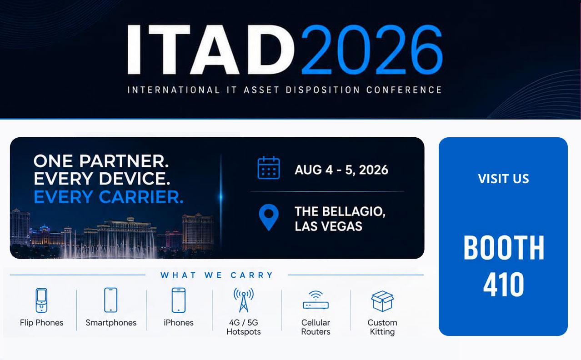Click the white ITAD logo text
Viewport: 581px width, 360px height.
pyautogui.click(x=211, y=49)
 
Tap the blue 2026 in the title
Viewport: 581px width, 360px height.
pyautogui.click(x=372, y=49)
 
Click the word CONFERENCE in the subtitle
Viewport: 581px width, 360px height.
pyautogui.click(x=404, y=90)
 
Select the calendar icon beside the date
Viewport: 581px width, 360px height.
pyautogui.click(x=269, y=168)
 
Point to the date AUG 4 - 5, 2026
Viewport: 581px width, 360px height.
pyautogui.click(x=341, y=170)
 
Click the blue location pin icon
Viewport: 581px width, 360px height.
pyautogui.click(x=269, y=217)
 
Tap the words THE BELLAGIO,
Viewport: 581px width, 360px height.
pyautogui.click(x=340, y=211)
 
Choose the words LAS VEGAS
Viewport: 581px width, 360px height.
pyautogui.click(x=328, y=226)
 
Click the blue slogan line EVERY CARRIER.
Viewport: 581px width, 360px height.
pyautogui.click(x=108, y=197)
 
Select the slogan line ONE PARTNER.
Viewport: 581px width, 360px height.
pyautogui.click(x=101, y=161)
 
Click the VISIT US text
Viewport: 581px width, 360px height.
pyautogui.click(x=503, y=179)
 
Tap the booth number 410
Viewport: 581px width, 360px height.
pyautogui.click(x=503, y=284)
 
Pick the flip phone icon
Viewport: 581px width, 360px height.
pyautogui.click(x=41, y=300)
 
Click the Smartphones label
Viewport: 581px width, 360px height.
pyautogui.click(x=111, y=323)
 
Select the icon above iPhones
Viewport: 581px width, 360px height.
pyautogui.click(x=179, y=300)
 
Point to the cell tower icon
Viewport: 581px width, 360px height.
pyautogui.click(x=244, y=300)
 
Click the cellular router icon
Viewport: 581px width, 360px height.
pyautogui.click(x=316, y=300)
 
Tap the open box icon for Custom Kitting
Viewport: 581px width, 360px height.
pyautogui.click(x=382, y=301)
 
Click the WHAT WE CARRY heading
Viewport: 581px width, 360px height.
pyautogui.click(x=216, y=275)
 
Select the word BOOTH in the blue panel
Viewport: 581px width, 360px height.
pyautogui.click(x=503, y=248)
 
